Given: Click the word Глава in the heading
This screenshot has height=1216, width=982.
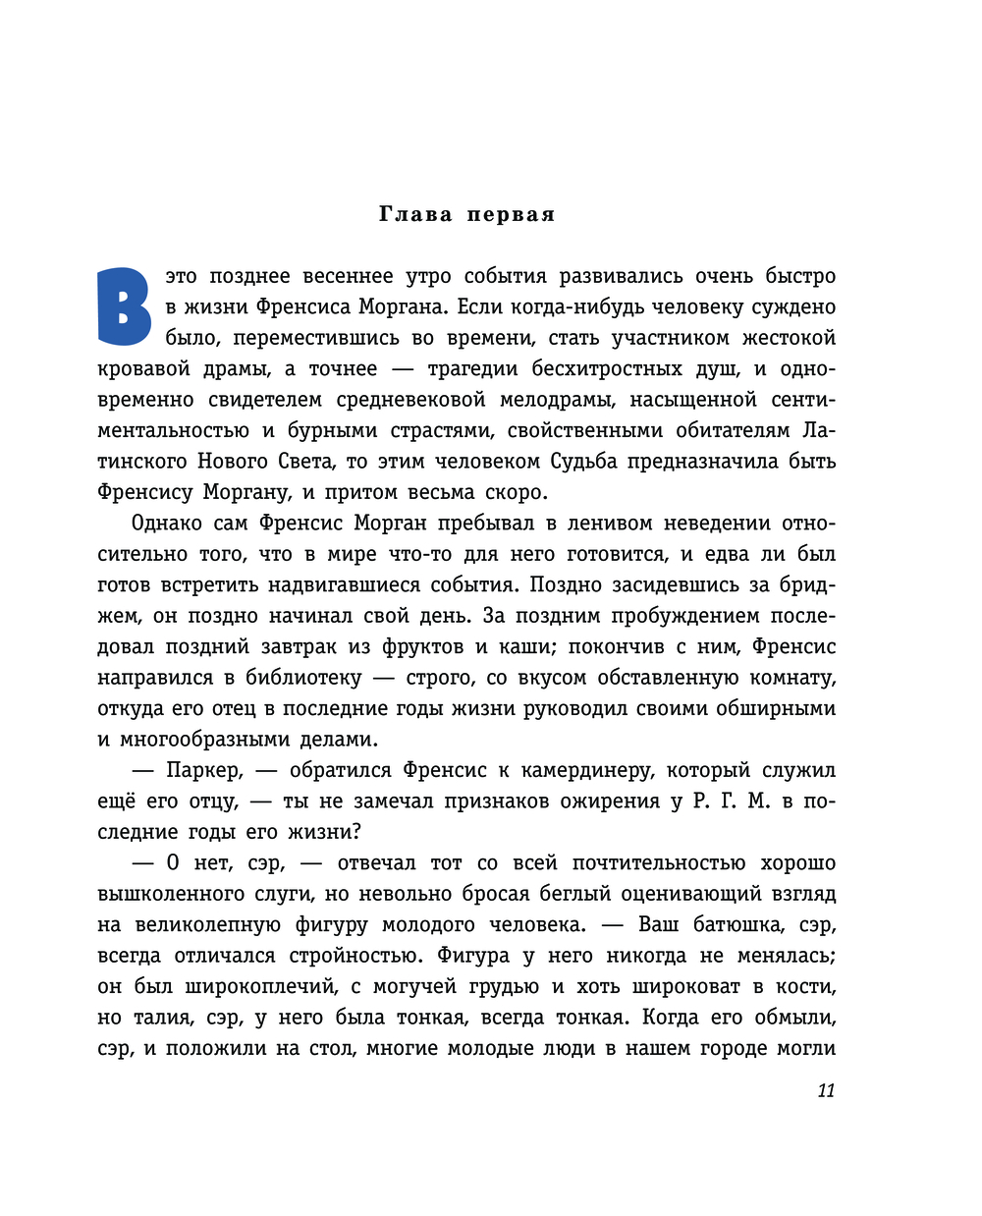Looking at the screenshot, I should [415, 214].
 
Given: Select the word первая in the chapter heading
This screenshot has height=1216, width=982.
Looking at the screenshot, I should [511, 214].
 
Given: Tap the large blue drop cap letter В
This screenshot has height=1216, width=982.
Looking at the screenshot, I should [125, 307].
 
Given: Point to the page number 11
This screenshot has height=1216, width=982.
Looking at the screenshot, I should [826, 1090].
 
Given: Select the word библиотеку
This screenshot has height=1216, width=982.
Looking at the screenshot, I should [303, 677].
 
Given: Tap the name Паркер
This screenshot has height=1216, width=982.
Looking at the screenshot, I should [203, 770].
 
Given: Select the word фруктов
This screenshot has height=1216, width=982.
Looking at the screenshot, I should [423, 646].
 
